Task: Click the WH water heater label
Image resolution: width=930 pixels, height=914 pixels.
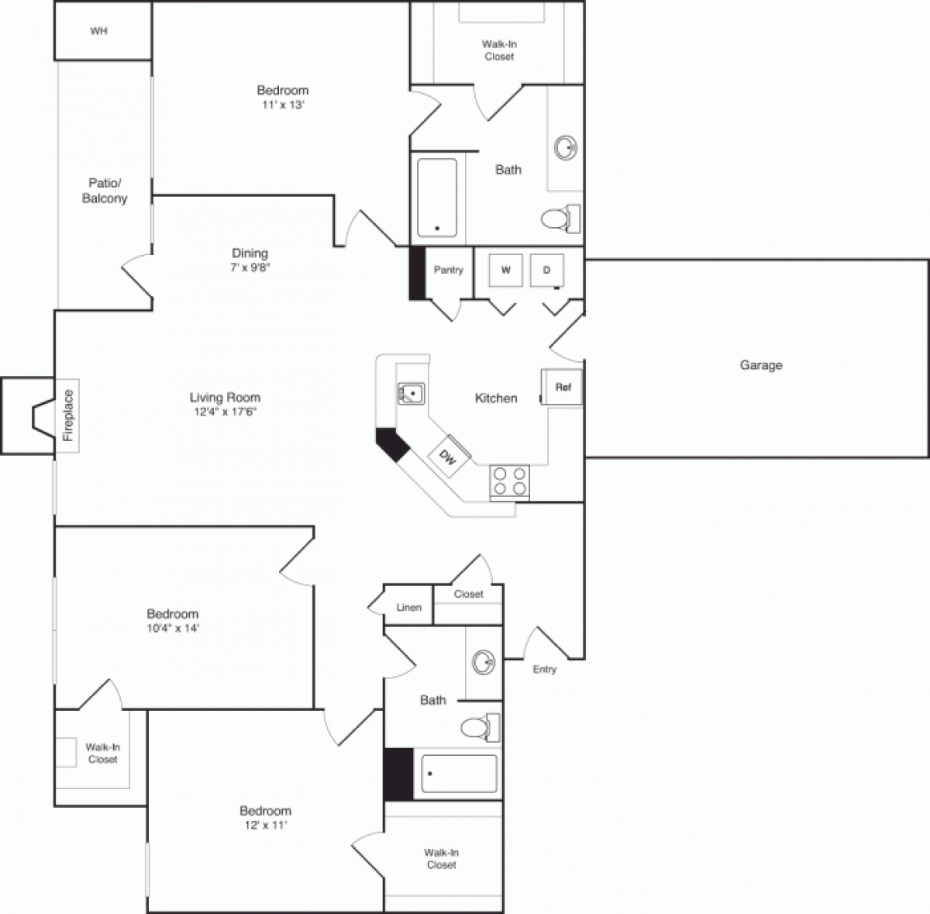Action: click(98, 32)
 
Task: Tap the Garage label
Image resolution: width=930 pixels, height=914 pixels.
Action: click(760, 365)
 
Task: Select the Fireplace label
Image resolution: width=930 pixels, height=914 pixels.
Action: click(68, 415)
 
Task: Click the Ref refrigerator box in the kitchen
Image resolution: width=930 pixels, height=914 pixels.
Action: click(562, 386)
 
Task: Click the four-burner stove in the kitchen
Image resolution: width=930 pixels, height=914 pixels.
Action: click(510, 480)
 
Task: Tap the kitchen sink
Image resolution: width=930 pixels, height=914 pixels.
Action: click(412, 394)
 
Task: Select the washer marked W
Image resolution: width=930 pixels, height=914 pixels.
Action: click(506, 270)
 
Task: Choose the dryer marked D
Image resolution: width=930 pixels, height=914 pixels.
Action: click(546, 270)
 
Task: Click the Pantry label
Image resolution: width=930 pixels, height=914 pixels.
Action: click(448, 270)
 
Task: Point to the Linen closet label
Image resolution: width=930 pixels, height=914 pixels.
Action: click(408, 607)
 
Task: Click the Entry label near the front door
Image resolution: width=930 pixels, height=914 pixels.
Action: click(544, 669)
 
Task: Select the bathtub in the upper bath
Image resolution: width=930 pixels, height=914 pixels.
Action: click(436, 198)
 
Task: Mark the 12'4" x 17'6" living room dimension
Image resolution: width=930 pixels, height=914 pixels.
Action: click(225, 412)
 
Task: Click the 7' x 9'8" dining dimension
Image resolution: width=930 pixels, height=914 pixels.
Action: click(250, 267)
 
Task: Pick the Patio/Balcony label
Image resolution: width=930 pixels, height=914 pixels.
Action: click(105, 191)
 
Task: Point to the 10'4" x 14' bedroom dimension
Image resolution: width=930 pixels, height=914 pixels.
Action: click(172, 628)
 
